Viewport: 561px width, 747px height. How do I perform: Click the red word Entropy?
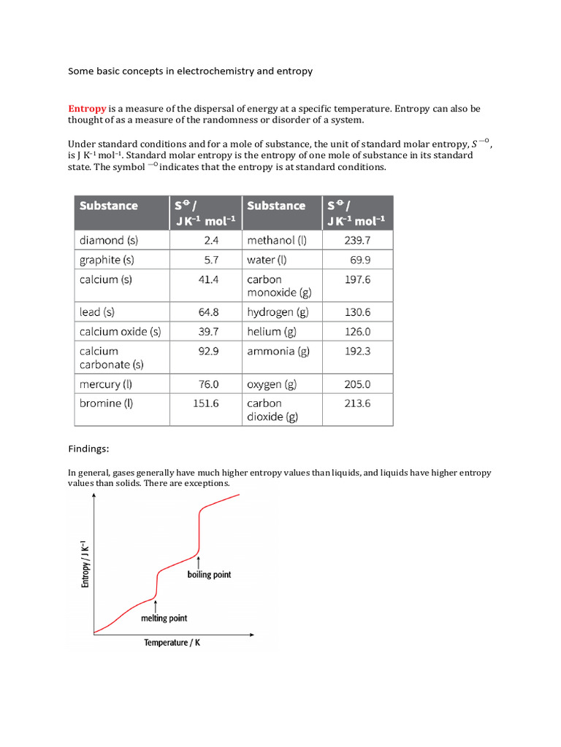point(88,109)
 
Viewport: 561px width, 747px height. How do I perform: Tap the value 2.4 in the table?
point(210,240)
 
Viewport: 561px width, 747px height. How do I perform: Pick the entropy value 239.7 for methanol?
point(357,240)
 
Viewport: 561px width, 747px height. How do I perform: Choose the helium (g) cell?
point(274,331)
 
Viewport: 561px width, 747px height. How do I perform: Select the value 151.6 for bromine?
point(205,403)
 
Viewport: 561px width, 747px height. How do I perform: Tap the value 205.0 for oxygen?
point(357,384)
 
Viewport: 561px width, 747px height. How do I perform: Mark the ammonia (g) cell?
point(278,351)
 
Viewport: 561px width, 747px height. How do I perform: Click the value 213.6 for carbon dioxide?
point(357,403)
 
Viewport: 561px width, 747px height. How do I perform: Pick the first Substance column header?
point(109,206)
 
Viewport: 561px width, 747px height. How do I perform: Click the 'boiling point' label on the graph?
point(209,575)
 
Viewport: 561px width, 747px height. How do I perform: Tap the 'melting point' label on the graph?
point(164,619)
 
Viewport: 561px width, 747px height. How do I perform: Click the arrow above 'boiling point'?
point(199,562)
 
